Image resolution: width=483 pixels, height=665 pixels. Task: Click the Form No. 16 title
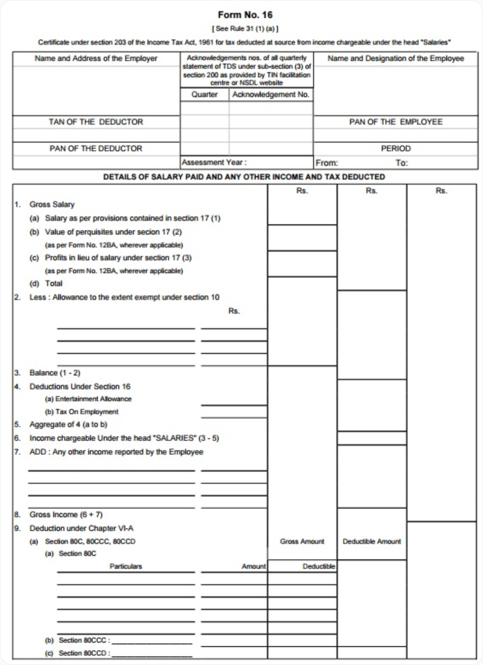pos(245,15)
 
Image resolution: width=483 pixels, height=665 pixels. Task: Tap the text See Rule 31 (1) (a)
pos(245,29)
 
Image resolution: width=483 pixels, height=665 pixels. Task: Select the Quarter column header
pos(204,95)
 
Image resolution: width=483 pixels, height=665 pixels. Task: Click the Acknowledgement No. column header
pos(271,95)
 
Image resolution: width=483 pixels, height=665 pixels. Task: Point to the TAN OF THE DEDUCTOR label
pos(96,122)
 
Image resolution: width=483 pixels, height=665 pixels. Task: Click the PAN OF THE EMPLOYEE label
pos(395,122)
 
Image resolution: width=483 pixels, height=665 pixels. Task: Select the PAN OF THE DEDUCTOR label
pos(96,148)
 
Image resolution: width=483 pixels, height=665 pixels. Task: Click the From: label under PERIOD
pos(327,163)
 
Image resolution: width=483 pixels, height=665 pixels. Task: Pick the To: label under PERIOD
pos(402,163)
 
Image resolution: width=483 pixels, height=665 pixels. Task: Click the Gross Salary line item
pos(51,204)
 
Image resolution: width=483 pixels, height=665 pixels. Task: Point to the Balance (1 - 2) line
pos(54,373)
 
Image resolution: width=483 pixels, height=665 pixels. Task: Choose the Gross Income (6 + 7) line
pos(66,515)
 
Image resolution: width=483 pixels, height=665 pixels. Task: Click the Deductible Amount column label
pos(372,542)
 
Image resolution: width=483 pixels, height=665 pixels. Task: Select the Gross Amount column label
pos(302,542)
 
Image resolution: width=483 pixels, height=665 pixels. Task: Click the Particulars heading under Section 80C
pos(125,566)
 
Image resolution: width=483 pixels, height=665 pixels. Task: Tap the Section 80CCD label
pos(84,653)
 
